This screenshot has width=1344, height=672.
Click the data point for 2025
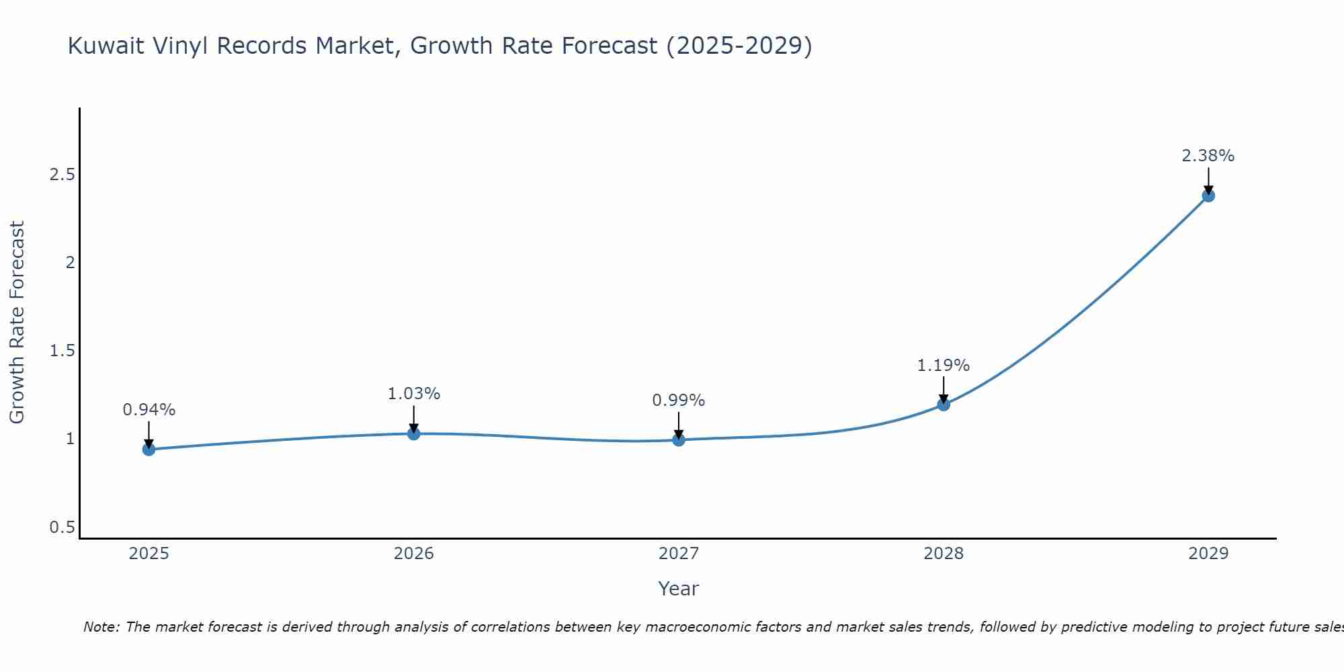[149, 449]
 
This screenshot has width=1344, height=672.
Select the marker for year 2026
[413, 433]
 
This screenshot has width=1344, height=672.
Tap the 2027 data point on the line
[679, 439]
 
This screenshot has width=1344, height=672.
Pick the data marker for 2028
[943, 404]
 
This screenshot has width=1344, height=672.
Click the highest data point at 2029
[1208, 196]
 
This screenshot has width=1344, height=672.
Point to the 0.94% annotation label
[149, 409]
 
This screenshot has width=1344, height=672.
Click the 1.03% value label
[413, 394]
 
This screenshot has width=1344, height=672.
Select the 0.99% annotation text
[679, 401]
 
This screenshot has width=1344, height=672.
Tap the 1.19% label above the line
[943, 366]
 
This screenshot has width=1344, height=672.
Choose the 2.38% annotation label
[1208, 156]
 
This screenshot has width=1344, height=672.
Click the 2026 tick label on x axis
[413, 554]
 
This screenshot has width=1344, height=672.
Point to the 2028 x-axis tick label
[943, 554]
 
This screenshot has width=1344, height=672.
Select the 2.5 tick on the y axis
[62, 175]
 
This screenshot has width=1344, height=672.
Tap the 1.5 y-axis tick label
[62, 351]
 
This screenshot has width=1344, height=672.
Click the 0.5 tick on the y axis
[62, 528]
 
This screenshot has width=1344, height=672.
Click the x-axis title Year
[679, 589]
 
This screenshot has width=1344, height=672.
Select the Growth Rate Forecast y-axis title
[17, 323]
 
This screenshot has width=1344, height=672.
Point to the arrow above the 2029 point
[1208, 180]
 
